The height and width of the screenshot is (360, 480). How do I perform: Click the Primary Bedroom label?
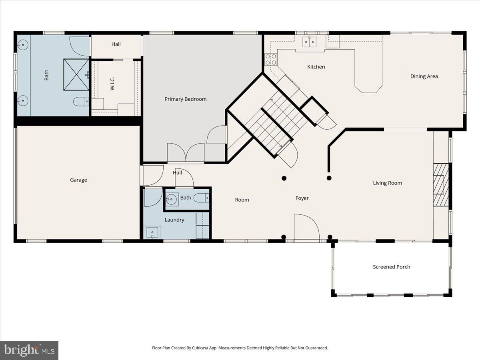(x=186, y=99)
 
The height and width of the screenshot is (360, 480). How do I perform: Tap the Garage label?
(x=78, y=180)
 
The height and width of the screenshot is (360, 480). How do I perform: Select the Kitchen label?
(x=316, y=67)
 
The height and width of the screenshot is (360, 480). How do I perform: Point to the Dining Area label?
(x=424, y=76)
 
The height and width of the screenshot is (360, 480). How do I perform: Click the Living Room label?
(x=387, y=183)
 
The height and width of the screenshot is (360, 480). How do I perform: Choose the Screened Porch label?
(x=392, y=267)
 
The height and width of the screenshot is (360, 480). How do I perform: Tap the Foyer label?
(x=302, y=198)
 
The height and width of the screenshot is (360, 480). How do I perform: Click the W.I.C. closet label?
(x=112, y=84)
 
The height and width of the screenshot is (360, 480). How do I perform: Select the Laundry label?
(x=174, y=220)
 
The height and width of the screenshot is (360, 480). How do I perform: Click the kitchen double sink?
(x=310, y=42)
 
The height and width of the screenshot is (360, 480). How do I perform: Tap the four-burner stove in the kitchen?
(x=271, y=60)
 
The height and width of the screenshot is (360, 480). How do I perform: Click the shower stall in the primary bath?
(x=76, y=74)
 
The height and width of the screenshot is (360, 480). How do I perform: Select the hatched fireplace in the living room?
(x=441, y=185)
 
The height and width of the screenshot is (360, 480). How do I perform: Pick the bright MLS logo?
(x=29, y=350)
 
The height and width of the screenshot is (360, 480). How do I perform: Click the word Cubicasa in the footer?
(x=200, y=348)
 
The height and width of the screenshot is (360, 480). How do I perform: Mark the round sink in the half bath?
(x=172, y=199)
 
